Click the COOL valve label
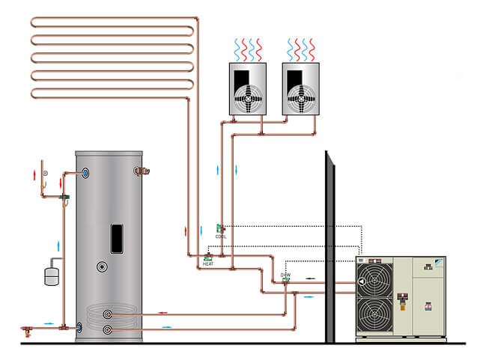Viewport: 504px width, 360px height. click(x=220, y=236)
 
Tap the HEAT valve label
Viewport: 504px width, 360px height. click(x=208, y=264)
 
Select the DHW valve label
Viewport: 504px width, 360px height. click(x=285, y=275)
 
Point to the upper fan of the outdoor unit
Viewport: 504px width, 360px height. click(x=373, y=281)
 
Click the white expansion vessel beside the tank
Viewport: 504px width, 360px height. click(x=51, y=272)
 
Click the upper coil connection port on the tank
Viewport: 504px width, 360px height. click(x=109, y=314)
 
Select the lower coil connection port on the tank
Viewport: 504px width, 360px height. click(x=109, y=329)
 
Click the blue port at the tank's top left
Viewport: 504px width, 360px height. click(x=87, y=173)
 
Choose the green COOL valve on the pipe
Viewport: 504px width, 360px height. click(x=220, y=228)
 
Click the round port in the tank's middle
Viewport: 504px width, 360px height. click(x=102, y=267)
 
